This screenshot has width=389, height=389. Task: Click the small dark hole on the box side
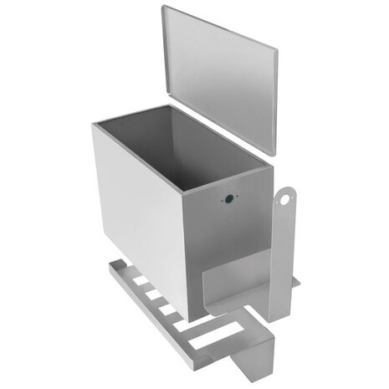pyautogui.click(x=228, y=201)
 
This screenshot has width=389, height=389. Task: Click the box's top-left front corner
pyautogui.click(x=94, y=123)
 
